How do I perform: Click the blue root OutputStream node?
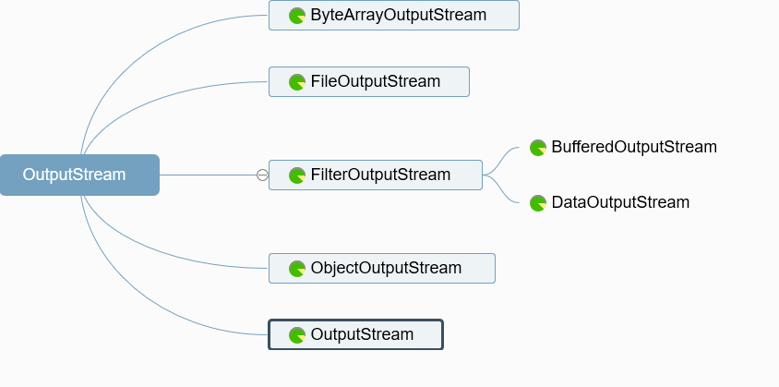pyautogui.click(x=79, y=175)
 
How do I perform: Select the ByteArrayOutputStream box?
pyautogui.click(x=394, y=16)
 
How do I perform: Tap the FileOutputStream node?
pyautogui.click(x=369, y=81)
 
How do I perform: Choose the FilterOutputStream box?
pyautogui.click(x=376, y=175)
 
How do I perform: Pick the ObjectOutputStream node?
pyautogui.click(x=382, y=268)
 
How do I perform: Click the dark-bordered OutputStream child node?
pyautogui.click(x=356, y=334)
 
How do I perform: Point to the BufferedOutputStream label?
pyautogui.click(x=633, y=147)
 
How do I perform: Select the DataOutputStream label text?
pyautogui.click(x=619, y=202)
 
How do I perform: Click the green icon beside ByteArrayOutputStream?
pyautogui.click(x=297, y=16)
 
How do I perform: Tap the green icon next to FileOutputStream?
pyautogui.click(x=297, y=82)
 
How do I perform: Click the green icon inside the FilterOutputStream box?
pyautogui.click(x=297, y=175)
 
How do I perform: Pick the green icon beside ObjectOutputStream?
pyautogui.click(x=297, y=269)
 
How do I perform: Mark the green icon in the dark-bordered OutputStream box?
pyautogui.click(x=297, y=335)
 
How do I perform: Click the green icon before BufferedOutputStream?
pyautogui.click(x=538, y=148)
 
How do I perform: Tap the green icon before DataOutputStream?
pyautogui.click(x=538, y=203)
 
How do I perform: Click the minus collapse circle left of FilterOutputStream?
pyautogui.click(x=262, y=175)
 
